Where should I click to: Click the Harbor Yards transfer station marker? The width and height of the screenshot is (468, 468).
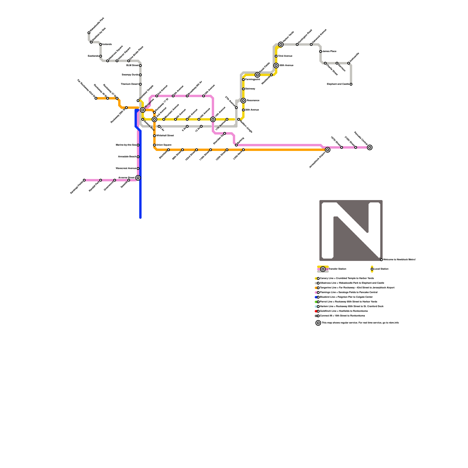(281, 44)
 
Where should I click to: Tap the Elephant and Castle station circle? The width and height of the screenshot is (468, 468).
(351, 84)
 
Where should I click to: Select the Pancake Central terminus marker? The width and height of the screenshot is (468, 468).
(370, 147)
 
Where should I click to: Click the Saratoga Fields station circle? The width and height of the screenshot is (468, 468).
(84, 180)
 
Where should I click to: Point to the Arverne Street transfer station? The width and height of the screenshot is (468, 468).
(138, 178)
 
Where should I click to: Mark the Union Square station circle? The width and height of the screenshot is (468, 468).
(154, 145)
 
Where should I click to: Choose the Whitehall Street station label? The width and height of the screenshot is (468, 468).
(165, 136)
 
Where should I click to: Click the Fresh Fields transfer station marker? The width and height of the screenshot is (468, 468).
(257, 75)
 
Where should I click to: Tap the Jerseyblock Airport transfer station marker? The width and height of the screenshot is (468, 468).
(328, 150)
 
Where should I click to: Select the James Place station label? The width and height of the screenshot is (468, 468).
(329, 51)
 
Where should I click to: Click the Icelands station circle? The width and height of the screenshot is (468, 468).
(101, 44)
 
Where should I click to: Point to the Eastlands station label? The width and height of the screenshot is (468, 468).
(93, 56)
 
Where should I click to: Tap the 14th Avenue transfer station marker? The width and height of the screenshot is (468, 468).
(213, 119)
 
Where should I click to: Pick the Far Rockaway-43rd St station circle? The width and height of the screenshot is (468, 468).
(96, 98)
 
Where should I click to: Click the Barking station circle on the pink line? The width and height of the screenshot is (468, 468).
(236, 145)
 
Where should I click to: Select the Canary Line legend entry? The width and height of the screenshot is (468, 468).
(347, 278)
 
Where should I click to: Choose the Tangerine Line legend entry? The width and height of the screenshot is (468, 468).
(357, 288)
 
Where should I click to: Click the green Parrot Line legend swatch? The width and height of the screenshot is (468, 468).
(316, 302)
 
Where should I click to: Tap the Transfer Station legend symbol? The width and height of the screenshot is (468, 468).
(323, 269)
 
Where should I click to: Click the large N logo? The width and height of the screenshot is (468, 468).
(351, 230)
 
